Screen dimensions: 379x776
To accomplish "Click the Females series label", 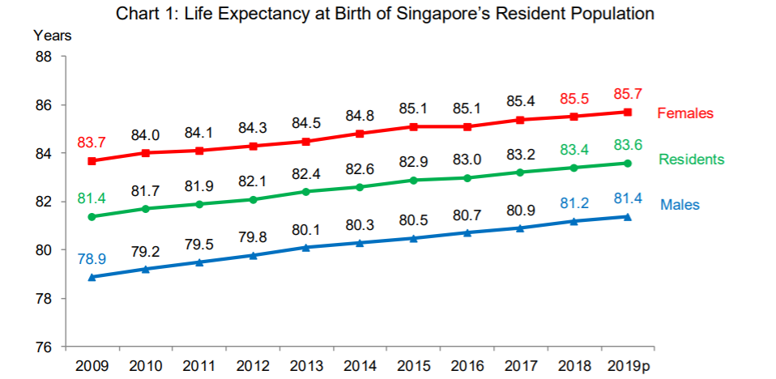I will pyautogui.click(x=684, y=113).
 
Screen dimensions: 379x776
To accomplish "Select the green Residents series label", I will pyautogui.click(x=691, y=160).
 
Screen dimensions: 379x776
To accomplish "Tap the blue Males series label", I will pyautogui.click(x=680, y=205).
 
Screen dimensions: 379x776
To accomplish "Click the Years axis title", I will pyautogui.click(x=53, y=35).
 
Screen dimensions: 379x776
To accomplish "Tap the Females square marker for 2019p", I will pyautogui.click(x=627, y=112).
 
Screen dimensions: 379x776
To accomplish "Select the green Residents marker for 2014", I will pyautogui.click(x=360, y=187).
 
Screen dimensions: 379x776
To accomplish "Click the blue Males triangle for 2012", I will pyautogui.click(x=253, y=255).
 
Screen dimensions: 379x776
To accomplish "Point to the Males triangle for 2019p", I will pyautogui.click(x=627, y=216).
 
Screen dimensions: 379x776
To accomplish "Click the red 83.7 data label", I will pyautogui.click(x=92, y=143).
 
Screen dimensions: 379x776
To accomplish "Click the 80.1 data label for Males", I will pyautogui.click(x=306, y=229).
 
